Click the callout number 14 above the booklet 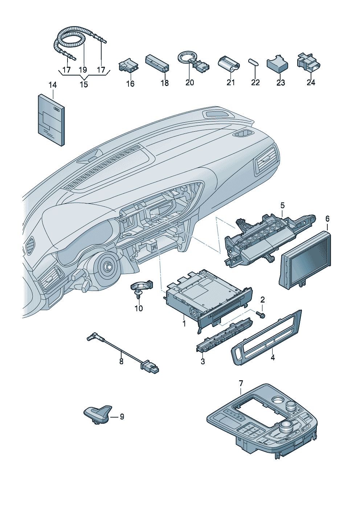coord(53,86)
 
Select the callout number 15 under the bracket coord(83,85)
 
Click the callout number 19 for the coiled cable coord(83,70)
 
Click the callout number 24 coord(311,82)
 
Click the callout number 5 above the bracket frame coord(282,206)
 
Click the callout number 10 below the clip coord(139,308)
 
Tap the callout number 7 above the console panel coord(241,383)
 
